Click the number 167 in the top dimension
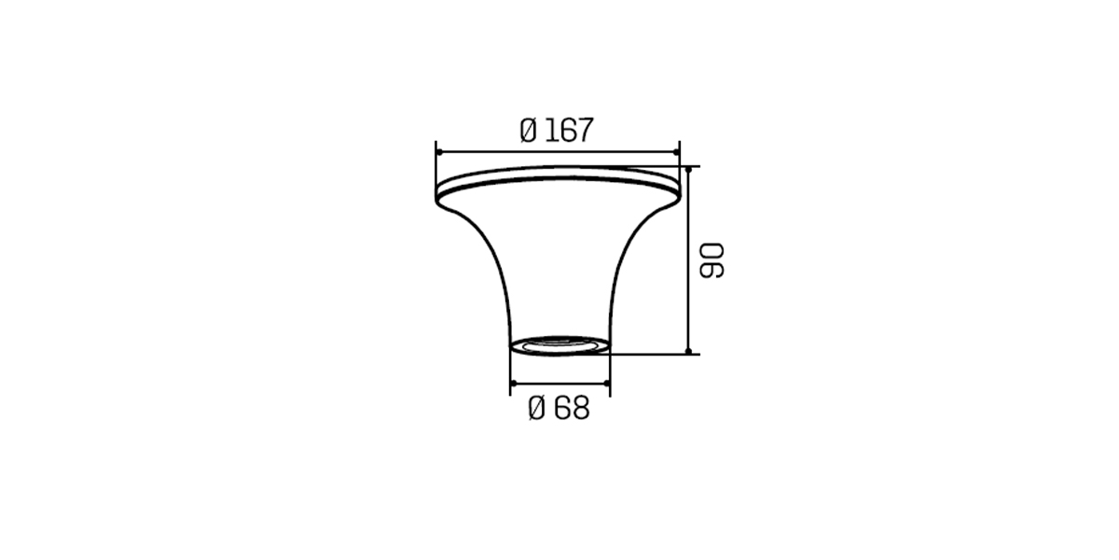[x=570, y=130]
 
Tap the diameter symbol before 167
[x=528, y=130]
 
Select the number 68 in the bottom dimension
[x=573, y=408]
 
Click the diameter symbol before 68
[x=536, y=408]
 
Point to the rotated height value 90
[x=711, y=260]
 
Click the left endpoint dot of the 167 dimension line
[x=438, y=152]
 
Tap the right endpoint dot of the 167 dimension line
[x=676, y=152]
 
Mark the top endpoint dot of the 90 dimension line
[x=688, y=170]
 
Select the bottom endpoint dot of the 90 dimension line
[x=688, y=351]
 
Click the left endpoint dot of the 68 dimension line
[x=514, y=383]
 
